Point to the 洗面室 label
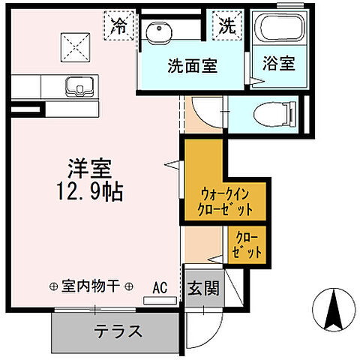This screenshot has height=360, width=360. coord(192,66)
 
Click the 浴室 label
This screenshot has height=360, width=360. coord(277,64)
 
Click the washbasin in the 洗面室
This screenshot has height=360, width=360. coord(159,33)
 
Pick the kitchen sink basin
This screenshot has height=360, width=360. coord(77,87)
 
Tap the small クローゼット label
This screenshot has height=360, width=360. coord(247,244)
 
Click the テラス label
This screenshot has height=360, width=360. coord(119,330)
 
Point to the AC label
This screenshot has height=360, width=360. coord(160,286)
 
